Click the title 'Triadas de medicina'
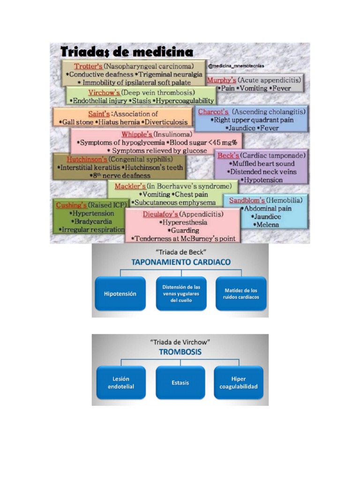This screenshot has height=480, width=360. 127,51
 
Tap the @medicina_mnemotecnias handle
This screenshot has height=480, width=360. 236,66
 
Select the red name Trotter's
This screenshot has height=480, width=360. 89,66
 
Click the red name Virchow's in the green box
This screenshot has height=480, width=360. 104,92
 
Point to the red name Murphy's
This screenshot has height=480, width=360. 221,80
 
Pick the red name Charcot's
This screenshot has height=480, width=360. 213,112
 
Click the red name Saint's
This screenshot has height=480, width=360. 99,113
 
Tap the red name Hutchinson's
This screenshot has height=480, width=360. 87,159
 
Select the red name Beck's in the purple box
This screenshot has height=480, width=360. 228,155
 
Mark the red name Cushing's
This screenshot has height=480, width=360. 71,205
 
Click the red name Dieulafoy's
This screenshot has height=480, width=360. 160,214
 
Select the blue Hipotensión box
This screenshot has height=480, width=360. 120,294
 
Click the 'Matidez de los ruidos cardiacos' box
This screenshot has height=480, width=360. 241,294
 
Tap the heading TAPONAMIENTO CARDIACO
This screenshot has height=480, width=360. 180,262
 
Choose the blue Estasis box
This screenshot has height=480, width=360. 180,382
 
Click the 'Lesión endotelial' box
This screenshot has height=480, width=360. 121,382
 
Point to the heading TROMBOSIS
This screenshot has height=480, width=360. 180,352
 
